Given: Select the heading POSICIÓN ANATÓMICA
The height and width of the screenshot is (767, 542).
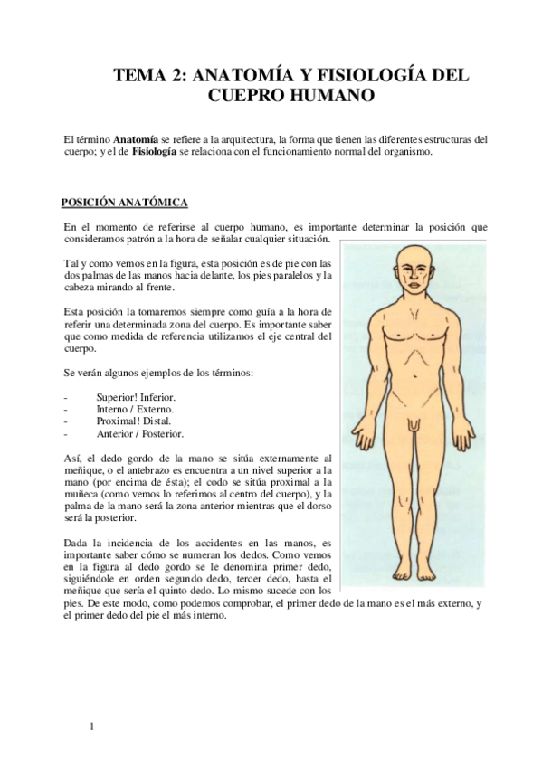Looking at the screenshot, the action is tap(124, 202).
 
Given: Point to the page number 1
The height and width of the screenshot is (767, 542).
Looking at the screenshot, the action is tap(91, 724).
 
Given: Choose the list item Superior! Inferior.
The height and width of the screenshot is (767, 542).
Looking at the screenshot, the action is tap(136, 397).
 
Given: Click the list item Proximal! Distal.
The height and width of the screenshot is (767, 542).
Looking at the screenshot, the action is tap(134, 421).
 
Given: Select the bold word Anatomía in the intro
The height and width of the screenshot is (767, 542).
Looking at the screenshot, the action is tap(137, 139).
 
